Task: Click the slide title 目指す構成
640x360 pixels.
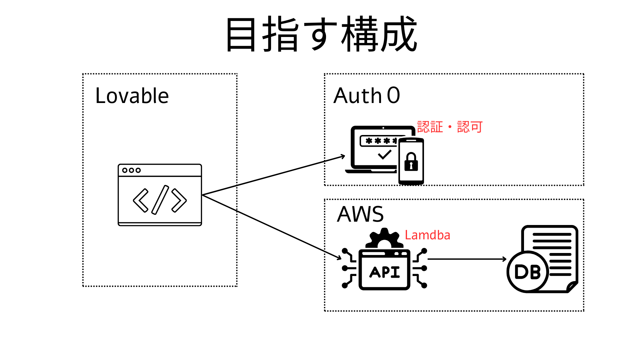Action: click(x=321, y=35)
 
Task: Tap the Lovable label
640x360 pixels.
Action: click(x=132, y=96)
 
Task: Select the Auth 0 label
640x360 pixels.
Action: click(x=367, y=96)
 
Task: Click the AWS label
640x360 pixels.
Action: click(x=360, y=214)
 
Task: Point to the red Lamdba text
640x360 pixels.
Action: click(x=427, y=235)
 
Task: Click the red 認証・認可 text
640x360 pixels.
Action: click(x=450, y=127)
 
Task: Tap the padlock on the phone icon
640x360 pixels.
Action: click(x=411, y=162)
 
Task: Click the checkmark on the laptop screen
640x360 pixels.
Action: click(x=384, y=154)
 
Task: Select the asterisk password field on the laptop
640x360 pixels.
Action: click(x=378, y=141)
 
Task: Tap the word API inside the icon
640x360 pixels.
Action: click(x=384, y=272)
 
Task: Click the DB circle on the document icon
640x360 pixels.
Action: click(x=527, y=272)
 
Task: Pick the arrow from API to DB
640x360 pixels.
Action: click(x=467, y=259)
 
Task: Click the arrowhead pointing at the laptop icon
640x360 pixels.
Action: click(x=343, y=156)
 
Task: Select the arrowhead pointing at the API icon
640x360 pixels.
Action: click(x=339, y=258)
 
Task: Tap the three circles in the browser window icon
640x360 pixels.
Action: click(x=131, y=170)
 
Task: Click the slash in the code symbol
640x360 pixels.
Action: click(x=160, y=200)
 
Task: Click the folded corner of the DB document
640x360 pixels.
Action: click(x=572, y=287)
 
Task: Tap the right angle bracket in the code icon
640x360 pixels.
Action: click(x=179, y=200)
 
